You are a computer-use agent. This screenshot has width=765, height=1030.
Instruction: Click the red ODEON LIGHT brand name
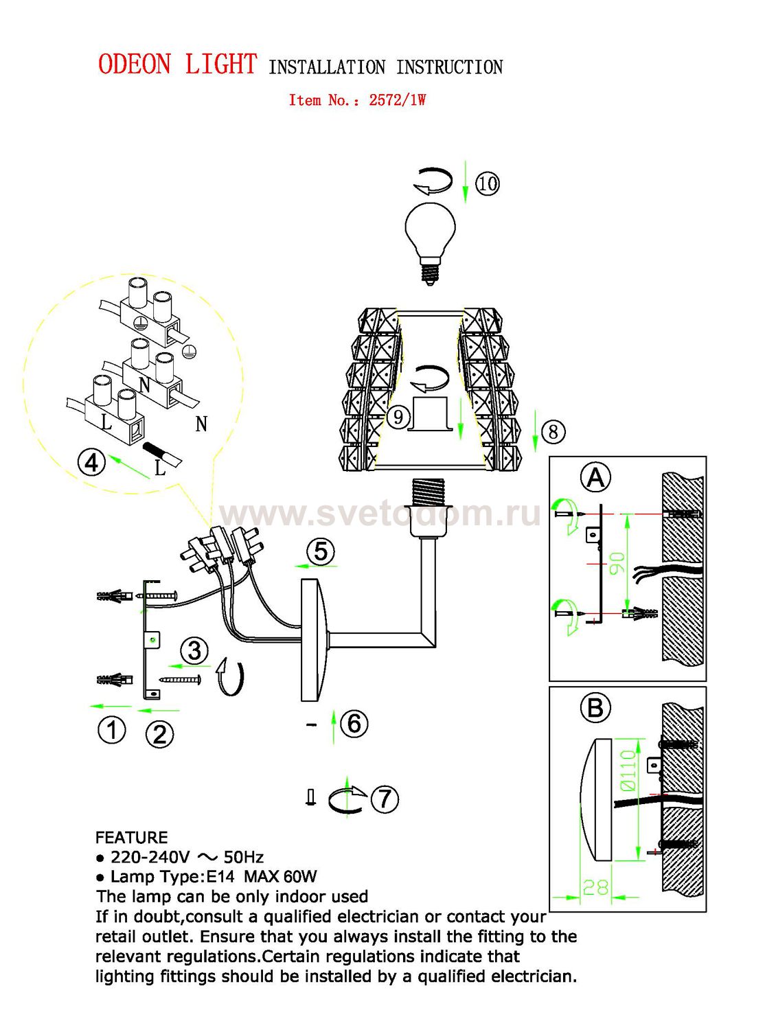click(x=177, y=64)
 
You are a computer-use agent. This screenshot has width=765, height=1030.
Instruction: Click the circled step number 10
click(x=488, y=183)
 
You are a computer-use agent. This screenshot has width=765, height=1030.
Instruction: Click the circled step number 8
click(x=553, y=432)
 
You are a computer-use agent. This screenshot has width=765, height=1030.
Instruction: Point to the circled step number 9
click(x=398, y=417)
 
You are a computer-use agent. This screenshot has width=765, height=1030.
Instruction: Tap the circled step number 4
click(x=91, y=463)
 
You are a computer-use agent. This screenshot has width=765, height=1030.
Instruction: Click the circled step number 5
click(x=321, y=551)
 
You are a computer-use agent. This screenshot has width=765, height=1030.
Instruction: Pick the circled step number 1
click(x=111, y=730)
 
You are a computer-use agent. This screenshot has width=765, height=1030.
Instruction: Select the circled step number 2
click(x=159, y=734)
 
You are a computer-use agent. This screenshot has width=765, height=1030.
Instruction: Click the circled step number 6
click(x=354, y=724)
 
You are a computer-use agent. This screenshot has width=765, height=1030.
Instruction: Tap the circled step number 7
click(x=385, y=799)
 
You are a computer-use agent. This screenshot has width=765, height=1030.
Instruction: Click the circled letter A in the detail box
click(x=596, y=478)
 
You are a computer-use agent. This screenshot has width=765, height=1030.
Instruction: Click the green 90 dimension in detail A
click(x=617, y=563)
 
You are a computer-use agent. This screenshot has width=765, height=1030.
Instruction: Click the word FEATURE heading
click(x=131, y=837)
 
